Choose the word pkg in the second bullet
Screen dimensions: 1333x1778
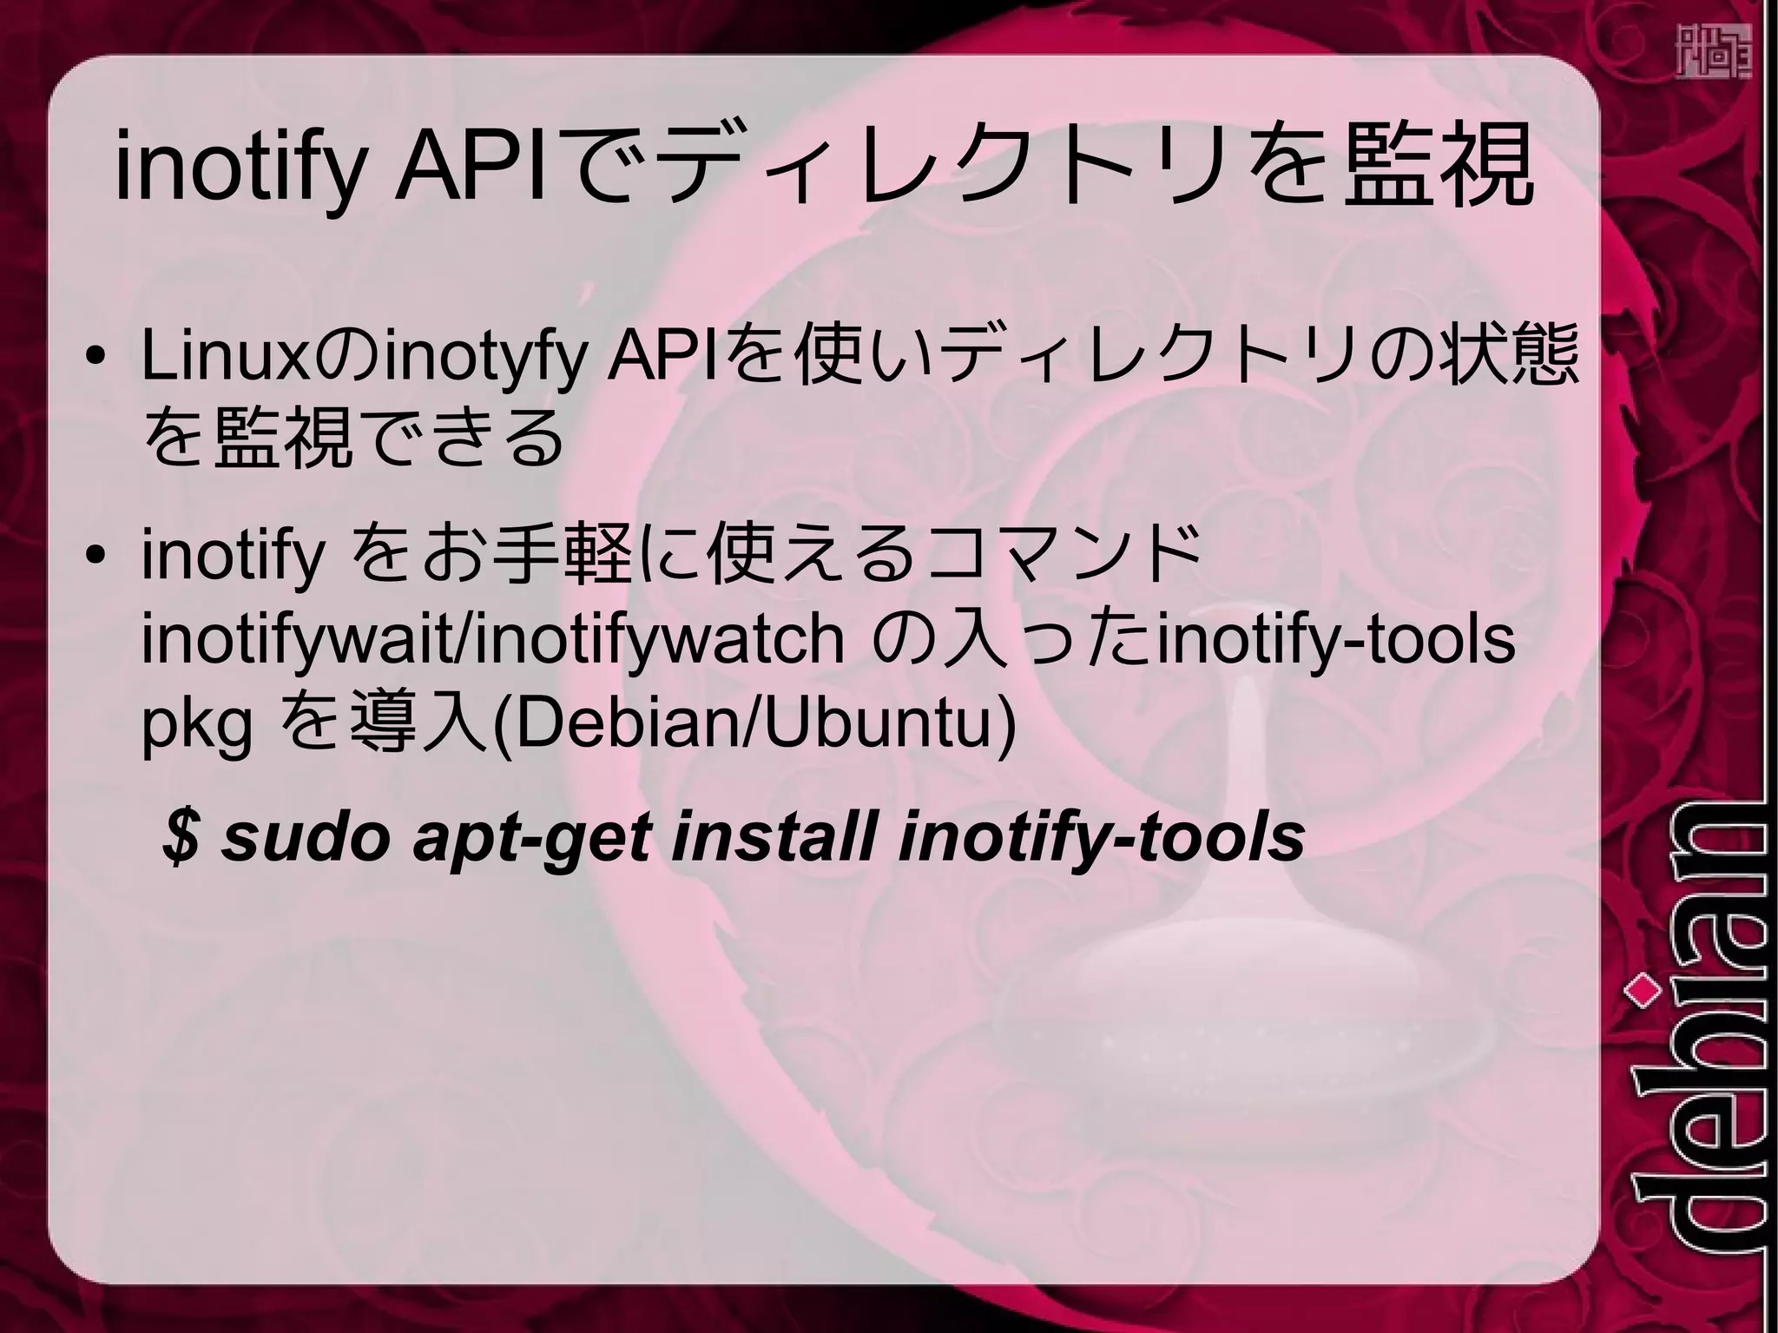(x=197, y=725)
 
